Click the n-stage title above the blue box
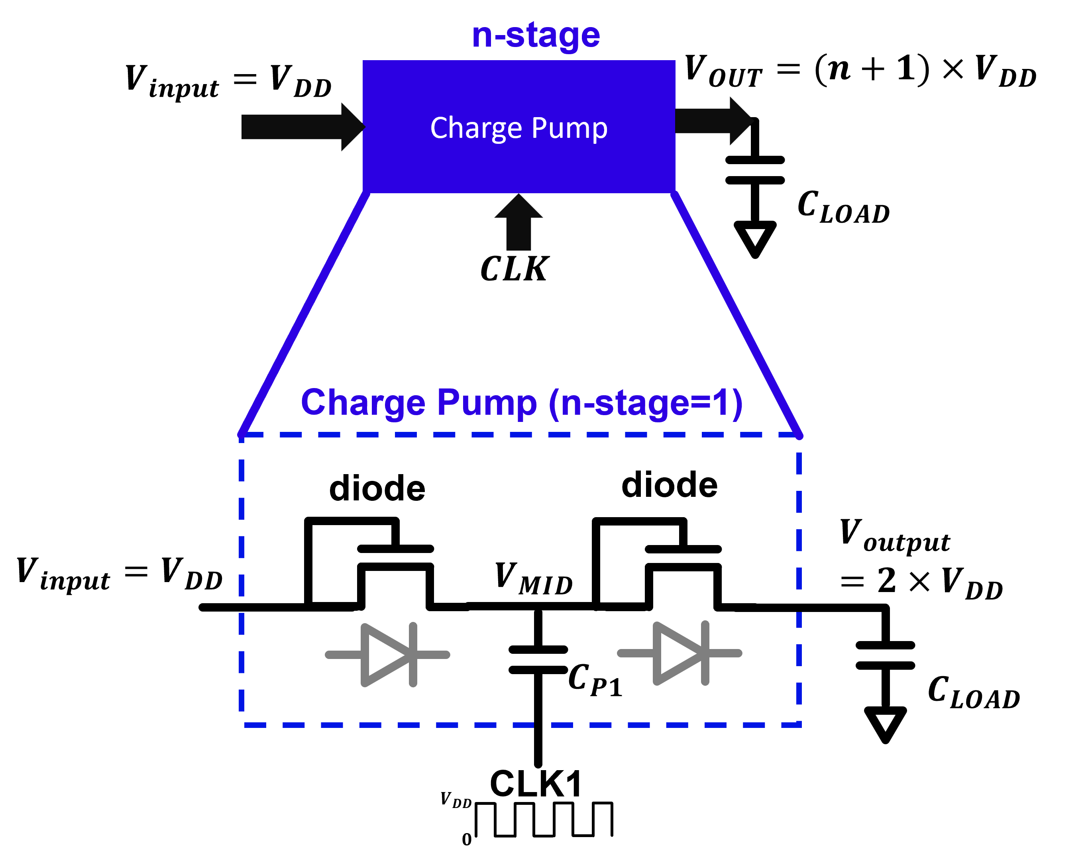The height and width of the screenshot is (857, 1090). (536, 36)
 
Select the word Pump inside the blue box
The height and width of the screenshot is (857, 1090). (569, 128)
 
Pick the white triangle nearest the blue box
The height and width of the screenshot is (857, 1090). (755, 236)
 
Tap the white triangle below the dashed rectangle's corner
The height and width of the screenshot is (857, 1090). (885, 722)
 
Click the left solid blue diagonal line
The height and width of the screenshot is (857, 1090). (304, 314)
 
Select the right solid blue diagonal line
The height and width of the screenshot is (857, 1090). (736, 314)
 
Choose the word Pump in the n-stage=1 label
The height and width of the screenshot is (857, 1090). (486, 403)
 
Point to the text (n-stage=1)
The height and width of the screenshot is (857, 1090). (645, 403)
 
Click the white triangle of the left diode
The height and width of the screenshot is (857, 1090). (385, 655)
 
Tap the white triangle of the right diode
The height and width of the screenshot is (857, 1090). (678, 653)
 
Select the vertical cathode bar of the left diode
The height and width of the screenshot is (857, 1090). (413, 655)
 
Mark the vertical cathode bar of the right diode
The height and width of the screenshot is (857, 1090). (705, 653)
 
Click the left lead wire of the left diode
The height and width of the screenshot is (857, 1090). (344, 655)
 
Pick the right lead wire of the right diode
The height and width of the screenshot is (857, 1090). (725, 653)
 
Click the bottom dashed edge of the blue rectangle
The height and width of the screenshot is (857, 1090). (522, 725)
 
